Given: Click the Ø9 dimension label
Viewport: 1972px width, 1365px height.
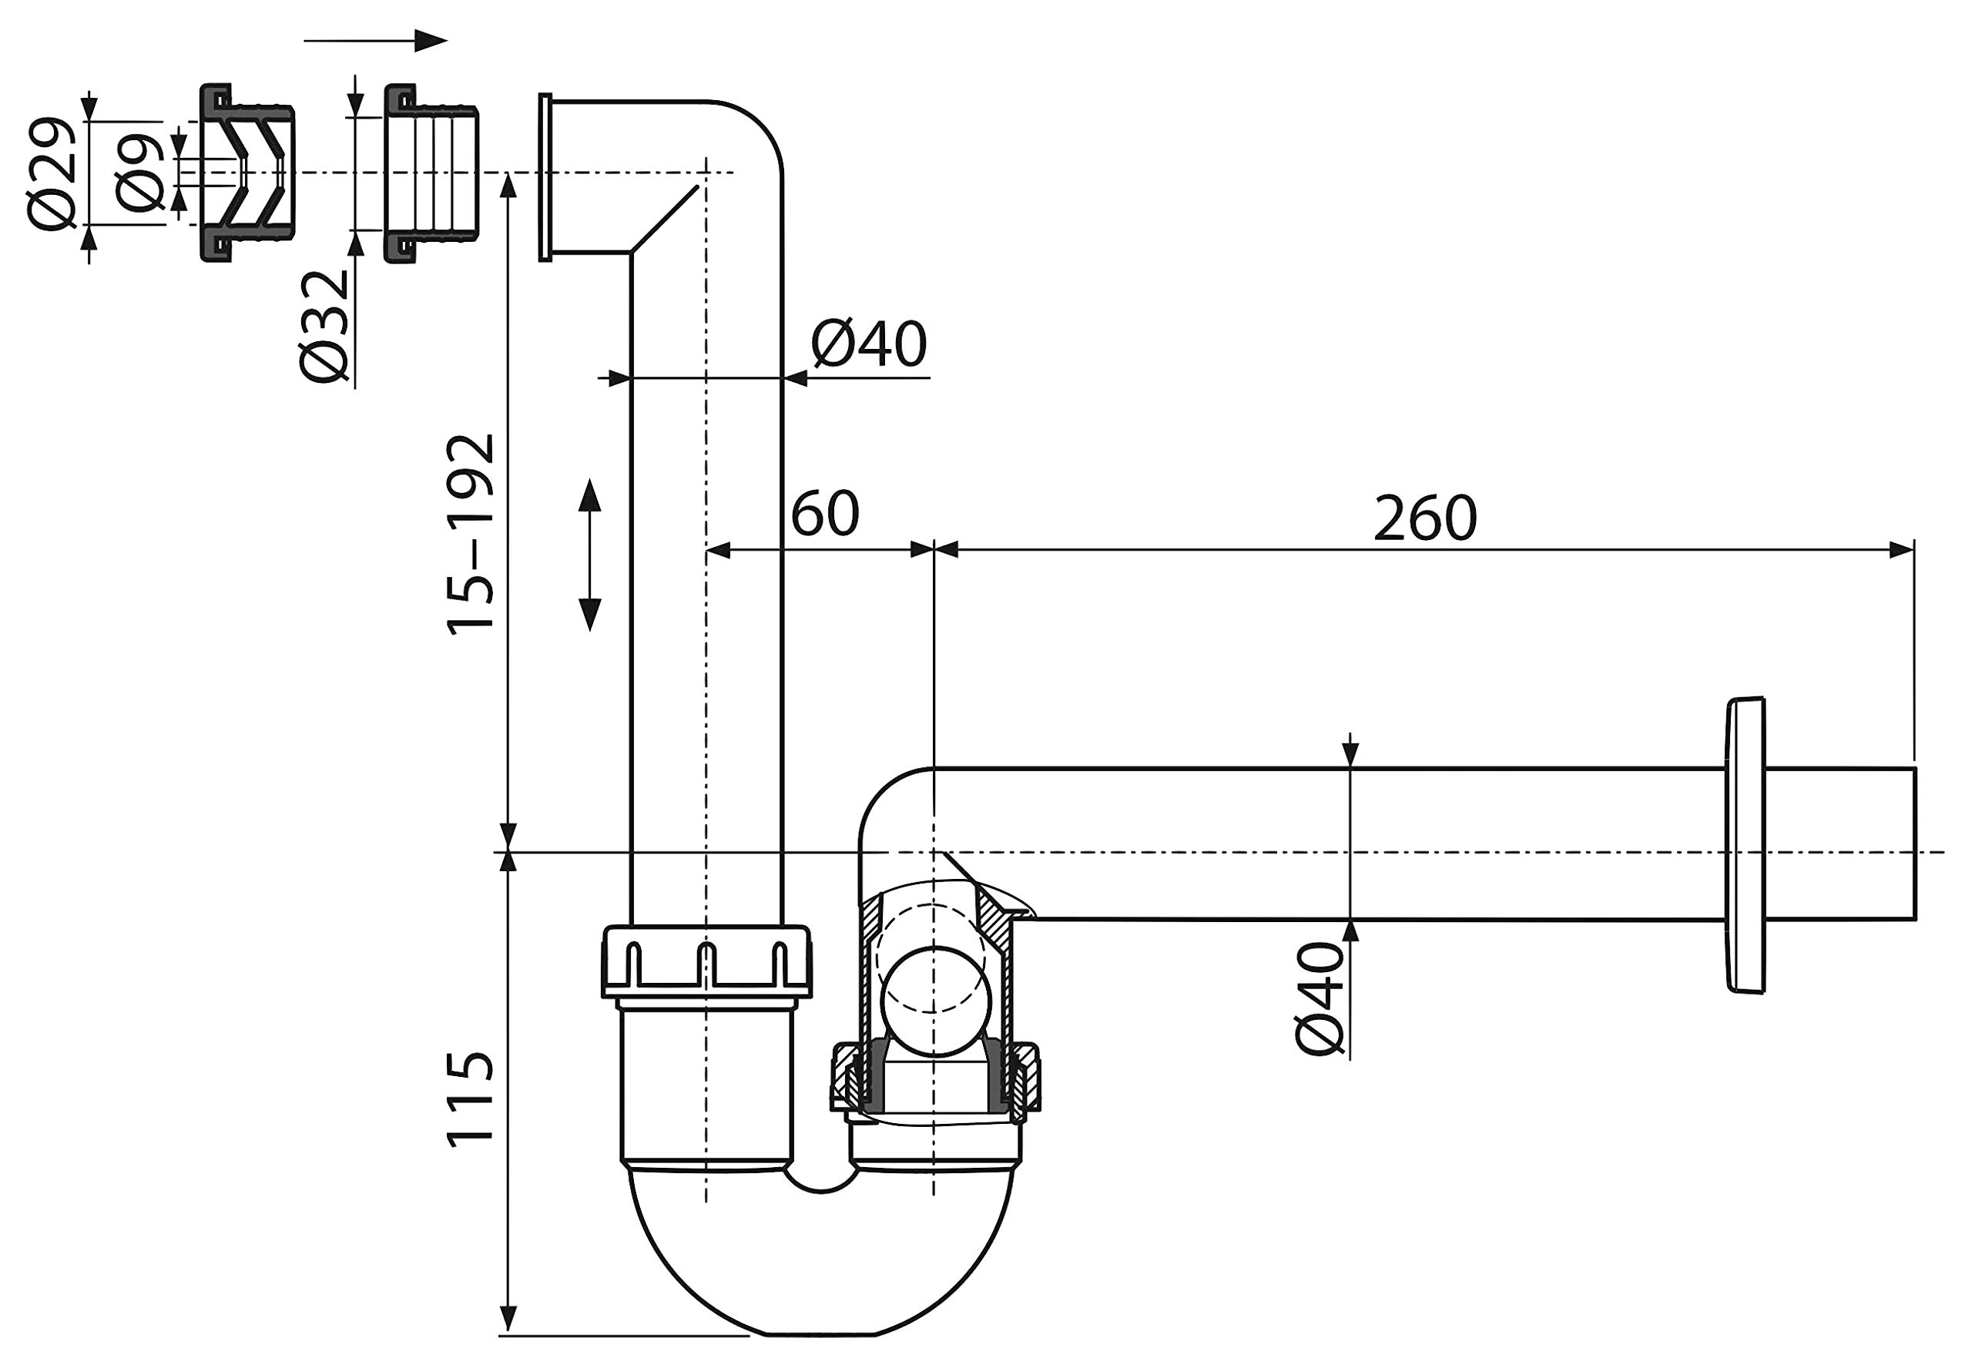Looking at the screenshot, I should pyautogui.click(x=139, y=173).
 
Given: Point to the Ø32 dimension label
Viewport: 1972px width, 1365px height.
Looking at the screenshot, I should pyautogui.click(x=325, y=327).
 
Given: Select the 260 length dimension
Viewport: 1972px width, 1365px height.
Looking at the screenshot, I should pyautogui.click(x=1425, y=519).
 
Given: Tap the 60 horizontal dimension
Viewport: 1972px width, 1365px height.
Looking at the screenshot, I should pyautogui.click(x=824, y=514).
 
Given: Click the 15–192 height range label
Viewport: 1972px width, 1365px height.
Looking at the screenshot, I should pyautogui.click(x=471, y=535).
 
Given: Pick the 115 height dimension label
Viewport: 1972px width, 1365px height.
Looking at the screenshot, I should pyautogui.click(x=471, y=1099).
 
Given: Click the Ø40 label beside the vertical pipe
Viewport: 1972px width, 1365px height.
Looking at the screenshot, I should pyautogui.click(x=869, y=344).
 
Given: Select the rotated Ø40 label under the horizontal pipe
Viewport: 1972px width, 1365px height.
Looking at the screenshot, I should pyautogui.click(x=1320, y=1000).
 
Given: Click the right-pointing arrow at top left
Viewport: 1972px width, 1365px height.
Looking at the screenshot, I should pyautogui.click(x=375, y=40).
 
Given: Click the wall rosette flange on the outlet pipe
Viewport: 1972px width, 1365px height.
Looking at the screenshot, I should pyautogui.click(x=1745, y=845).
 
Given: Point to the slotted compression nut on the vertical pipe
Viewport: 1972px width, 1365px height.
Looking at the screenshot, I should pyautogui.click(x=706, y=961).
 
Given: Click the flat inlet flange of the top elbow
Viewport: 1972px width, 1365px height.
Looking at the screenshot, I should pyautogui.click(x=545, y=177).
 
